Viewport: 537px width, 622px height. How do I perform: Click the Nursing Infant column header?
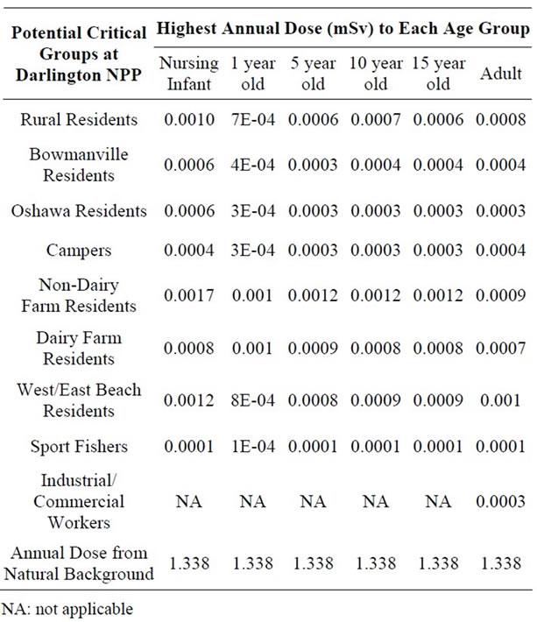[189, 74]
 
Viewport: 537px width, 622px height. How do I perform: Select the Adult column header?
[501, 74]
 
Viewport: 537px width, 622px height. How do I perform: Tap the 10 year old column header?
[376, 74]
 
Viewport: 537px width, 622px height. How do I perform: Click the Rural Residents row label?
[79, 119]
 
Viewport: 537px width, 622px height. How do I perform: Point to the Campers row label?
[79, 251]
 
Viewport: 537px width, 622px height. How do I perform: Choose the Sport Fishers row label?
[79, 446]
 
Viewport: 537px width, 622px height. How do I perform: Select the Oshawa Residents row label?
[79, 210]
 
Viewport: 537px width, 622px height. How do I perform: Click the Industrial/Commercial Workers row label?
[79, 501]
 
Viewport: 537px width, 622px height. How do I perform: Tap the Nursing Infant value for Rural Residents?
[189, 119]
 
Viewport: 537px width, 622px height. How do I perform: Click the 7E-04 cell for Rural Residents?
[253, 119]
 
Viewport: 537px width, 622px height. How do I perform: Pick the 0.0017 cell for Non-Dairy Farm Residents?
[189, 295]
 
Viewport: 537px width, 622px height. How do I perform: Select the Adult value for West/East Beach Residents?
[500, 400]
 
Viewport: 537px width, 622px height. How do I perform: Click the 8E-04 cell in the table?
[253, 400]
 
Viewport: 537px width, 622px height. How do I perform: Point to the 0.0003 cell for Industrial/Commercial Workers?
[501, 501]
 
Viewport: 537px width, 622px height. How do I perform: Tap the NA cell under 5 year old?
[313, 501]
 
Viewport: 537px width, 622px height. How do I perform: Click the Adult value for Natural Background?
[501, 563]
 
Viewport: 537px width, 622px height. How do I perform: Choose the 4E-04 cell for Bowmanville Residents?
[253, 165]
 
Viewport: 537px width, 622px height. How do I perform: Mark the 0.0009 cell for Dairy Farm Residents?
[313, 348]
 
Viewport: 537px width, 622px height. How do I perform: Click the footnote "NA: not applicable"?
[67, 610]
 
